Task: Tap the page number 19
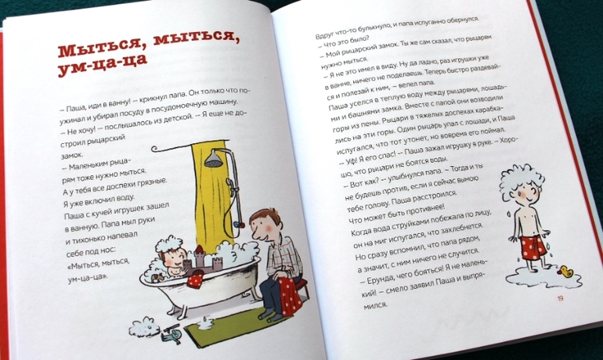560,298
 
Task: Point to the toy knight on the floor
171,333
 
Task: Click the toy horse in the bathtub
158,277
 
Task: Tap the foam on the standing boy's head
519,178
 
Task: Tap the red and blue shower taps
240,225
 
